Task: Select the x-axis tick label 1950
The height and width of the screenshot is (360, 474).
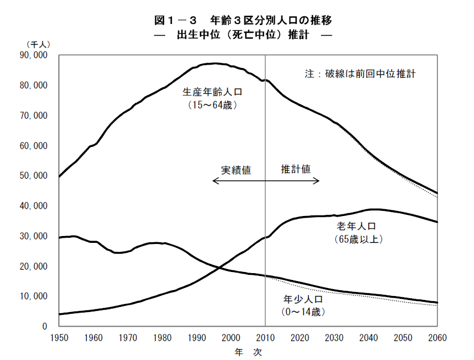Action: [59, 336]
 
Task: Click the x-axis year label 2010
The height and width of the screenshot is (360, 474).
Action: [265, 336]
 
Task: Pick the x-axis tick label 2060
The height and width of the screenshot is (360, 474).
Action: [437, 336]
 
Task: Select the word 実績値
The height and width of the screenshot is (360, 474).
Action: [236, 170]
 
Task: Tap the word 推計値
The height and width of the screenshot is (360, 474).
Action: [295, 169]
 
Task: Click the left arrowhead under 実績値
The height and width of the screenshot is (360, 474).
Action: [214, 181]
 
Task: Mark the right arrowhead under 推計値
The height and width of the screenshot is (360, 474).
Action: [318, 181]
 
